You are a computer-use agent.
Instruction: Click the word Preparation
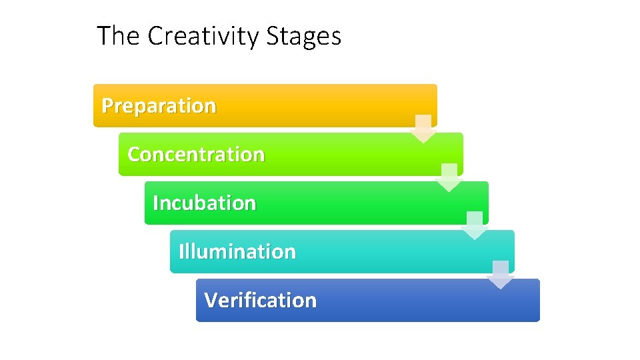coord(159,106)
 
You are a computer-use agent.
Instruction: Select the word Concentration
coord(196,155)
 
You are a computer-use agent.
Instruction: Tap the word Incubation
coord(204,203)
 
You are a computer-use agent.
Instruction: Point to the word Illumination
coord(237,252)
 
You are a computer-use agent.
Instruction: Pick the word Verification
coord(260,301)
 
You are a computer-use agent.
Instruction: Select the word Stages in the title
coord(304,36)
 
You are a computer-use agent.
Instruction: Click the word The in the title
coord(119,36)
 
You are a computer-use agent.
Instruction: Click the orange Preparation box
coord(320,105)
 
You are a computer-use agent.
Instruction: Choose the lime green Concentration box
coord(353,154)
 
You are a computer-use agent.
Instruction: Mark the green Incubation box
coord(373,203)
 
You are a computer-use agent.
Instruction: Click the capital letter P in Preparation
coord(107,106)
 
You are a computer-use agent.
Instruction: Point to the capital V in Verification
coord(211,301)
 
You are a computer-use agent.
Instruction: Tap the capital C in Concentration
coord(133,155)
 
